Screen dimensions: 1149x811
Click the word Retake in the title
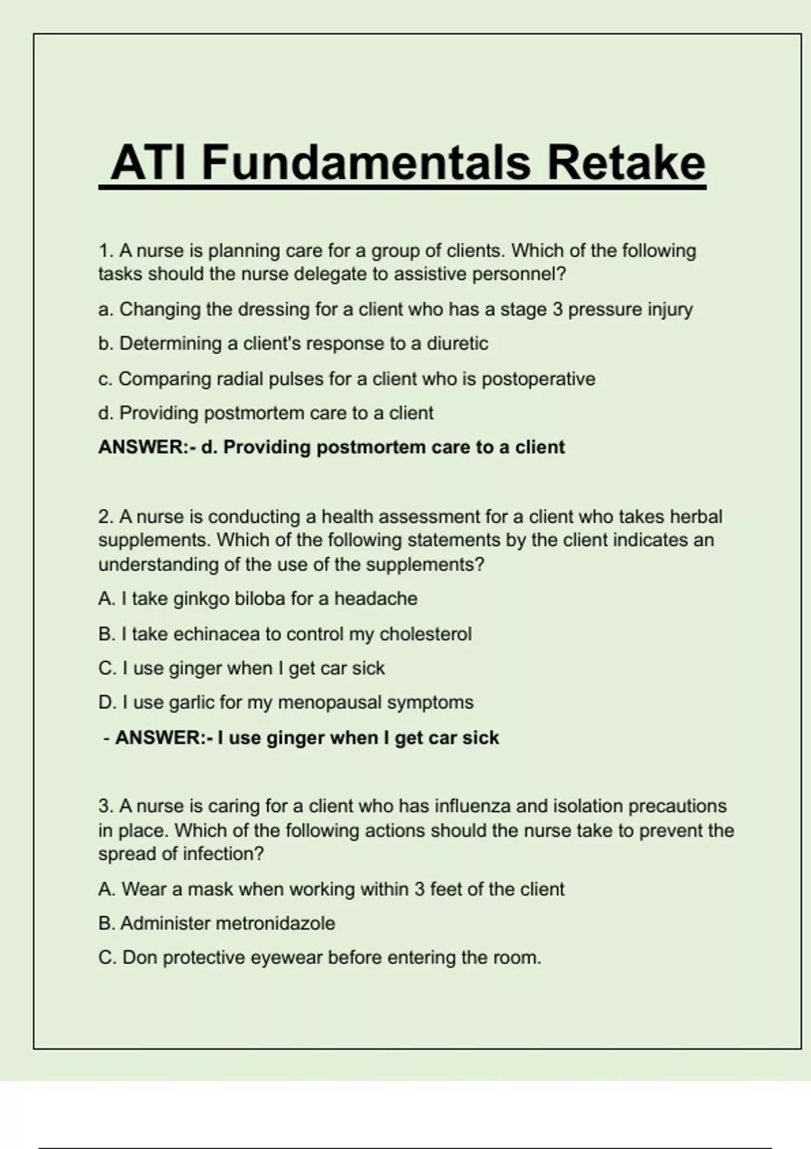(x=626, y=164)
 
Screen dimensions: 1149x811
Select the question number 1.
(x=105, y=251)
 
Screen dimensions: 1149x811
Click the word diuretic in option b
(x=457, y=344)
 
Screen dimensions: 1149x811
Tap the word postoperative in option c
(x=538, y=379)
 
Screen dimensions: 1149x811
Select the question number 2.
(x=105, y=517)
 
